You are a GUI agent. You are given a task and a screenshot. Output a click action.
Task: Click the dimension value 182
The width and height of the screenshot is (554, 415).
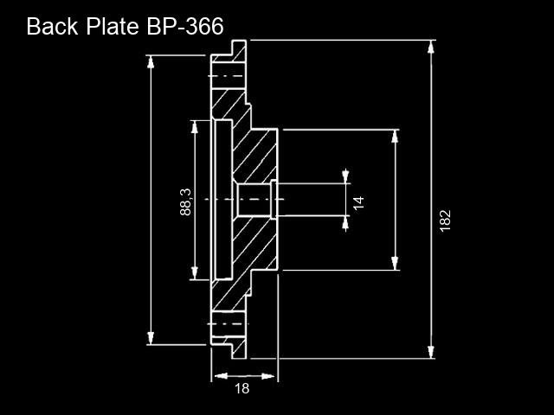point(446,221)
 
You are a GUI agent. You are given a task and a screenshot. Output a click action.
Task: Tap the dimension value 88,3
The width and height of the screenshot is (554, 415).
point(185,201)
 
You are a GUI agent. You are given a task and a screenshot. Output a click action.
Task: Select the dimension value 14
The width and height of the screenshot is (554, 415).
point(358,202)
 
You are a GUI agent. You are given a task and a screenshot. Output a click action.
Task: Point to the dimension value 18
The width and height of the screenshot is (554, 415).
point(242,388)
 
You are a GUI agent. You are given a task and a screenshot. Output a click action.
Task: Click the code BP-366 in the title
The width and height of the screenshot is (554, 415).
point(185,26)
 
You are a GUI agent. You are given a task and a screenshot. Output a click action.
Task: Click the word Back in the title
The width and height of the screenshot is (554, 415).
point(52,26)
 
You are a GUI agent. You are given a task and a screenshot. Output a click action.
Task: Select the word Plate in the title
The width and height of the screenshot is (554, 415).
point(113,26)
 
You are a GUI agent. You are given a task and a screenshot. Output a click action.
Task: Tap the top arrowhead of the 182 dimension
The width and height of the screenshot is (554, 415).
point(431,47)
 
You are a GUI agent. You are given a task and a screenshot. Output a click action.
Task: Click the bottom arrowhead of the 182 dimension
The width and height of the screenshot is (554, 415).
point(431,352)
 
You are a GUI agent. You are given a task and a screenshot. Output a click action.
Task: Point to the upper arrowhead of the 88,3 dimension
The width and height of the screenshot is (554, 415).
point(194,127)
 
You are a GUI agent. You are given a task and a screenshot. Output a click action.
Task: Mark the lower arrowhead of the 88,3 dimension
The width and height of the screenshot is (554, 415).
point(194,273)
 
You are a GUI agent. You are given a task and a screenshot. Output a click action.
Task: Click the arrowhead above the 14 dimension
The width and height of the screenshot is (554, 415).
point(345,176)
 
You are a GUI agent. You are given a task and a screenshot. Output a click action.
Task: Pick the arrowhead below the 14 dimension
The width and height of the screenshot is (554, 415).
point(345,223)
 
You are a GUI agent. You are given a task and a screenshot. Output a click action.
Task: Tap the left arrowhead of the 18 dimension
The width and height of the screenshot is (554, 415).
point(221,376)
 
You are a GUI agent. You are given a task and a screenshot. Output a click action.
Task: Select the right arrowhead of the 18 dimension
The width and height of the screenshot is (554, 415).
point(268,376)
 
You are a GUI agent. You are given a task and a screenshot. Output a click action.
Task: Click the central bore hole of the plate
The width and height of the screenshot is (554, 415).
point(254,200)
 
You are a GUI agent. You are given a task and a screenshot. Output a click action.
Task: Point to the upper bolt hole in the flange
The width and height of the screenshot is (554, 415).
point(229,76)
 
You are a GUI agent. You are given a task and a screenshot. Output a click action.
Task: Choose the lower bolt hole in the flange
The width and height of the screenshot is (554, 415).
point(229,324)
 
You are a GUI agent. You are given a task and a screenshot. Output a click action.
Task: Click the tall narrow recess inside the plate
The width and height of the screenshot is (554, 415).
point(223,200)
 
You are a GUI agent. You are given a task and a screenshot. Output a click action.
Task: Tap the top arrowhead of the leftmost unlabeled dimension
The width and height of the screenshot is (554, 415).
point(151,62)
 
